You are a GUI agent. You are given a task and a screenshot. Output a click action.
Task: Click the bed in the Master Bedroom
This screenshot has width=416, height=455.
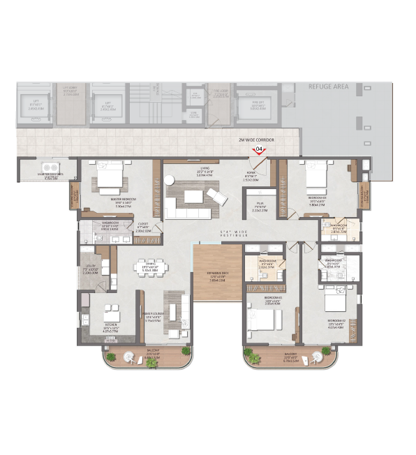(110, 177)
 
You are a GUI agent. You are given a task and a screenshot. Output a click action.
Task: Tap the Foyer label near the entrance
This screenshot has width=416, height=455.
(251, 177)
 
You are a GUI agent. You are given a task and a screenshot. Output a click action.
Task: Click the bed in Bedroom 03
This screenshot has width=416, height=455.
(316, 177)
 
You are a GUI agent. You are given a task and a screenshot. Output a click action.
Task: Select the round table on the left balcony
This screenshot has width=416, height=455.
(129, 357)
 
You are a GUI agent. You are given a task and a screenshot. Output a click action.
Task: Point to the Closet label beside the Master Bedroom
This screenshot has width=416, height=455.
(143, 226)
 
